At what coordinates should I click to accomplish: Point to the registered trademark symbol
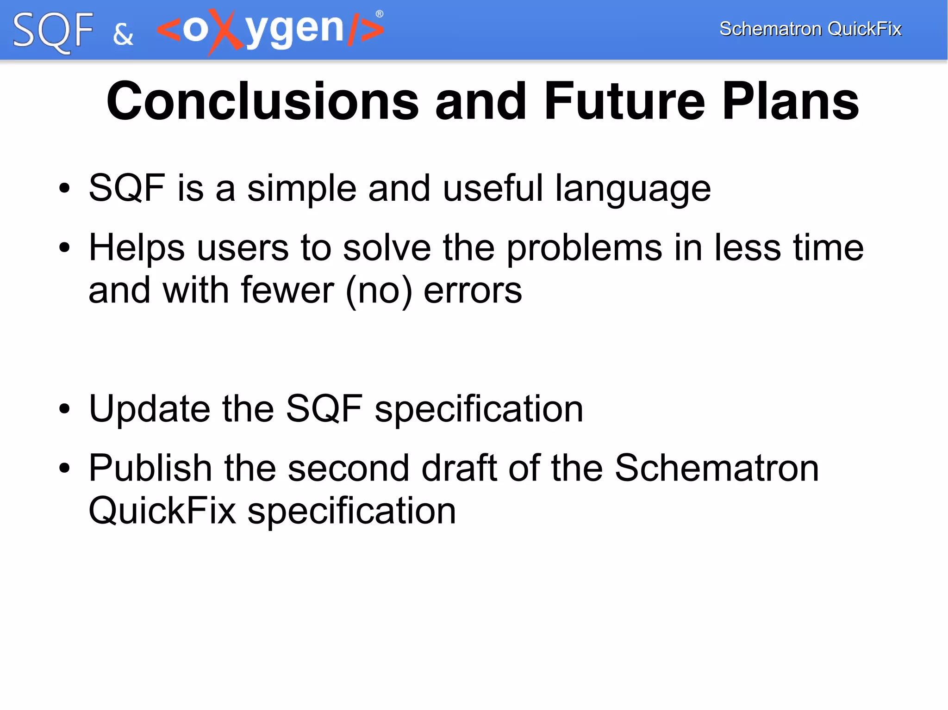pos(380,14)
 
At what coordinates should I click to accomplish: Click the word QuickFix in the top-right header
pos(864,29)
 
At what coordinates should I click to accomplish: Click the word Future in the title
pos(624,101)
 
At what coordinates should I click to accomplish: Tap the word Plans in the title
pos(790,101)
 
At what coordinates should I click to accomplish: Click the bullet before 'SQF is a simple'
pos(64,189)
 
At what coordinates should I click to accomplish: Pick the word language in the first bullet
pos(632,189)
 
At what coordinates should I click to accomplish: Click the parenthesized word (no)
pos(379,291)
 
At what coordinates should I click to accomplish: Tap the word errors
pos(473,291)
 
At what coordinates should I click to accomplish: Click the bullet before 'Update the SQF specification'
pos(64,409)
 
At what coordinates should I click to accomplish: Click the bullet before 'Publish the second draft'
pos(64,468)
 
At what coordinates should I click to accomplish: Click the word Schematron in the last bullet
pos(717,468)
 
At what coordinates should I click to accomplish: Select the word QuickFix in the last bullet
pos(162,511)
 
